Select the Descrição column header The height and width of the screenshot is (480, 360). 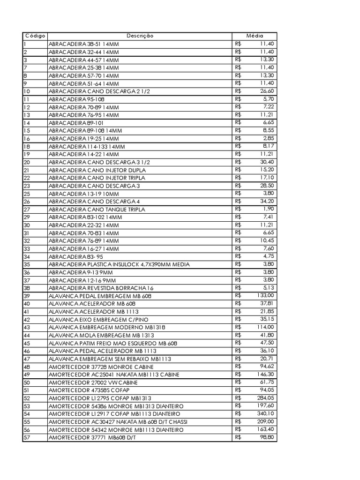point(140,36)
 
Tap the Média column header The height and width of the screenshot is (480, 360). point(255,36)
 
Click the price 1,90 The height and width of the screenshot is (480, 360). point(269,209)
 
